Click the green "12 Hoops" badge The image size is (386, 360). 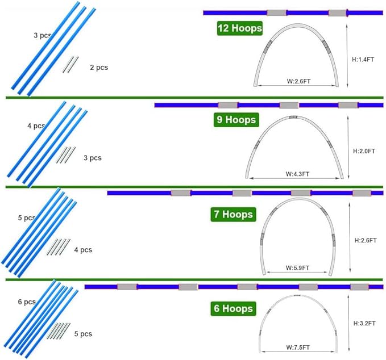pyautogui.click(x=239, y=28)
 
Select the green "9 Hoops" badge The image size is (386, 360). pyautogui.click(x=236, y=120)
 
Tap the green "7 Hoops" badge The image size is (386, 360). pyautogui.click(x=233, y=215)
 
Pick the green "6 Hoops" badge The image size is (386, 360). pyautogui.click(x=233, y=308)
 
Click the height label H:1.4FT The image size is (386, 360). pyautogui.click(x=363, y=60)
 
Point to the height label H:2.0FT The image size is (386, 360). pyautogui.click(x=364, y=151)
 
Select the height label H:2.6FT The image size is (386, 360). pyautogui.click(x=366, y=240)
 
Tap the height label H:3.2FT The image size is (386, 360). pyautogui.click(x=364, y=323)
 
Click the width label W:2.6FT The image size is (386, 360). pyautogui.click(x=298, y=81)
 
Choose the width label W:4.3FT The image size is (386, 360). pyautogui.click(x=297, y=174)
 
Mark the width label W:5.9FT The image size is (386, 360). pyautogui.click(x=297, y=268)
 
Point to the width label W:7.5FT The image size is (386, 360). pyautogui.click(x=298, y=347)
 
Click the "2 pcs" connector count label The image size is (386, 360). pyautogui.click(x=99, y=68)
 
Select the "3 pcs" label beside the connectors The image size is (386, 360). pyautogui.click(x=93, y=158)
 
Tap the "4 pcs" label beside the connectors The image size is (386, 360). pyautogui.click(x=83, y=250)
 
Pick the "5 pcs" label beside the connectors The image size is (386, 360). pyautogui.click(x=83, y=334)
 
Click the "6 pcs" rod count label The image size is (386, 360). pyautogui.click(x=27, y=302)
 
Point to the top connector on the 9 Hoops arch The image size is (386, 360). pyautogui.click(x=293, y=117)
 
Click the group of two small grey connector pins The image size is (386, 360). pyautogui.click(x=70, y=64)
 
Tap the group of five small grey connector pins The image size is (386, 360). pyautogui.click(x=59, y=331)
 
